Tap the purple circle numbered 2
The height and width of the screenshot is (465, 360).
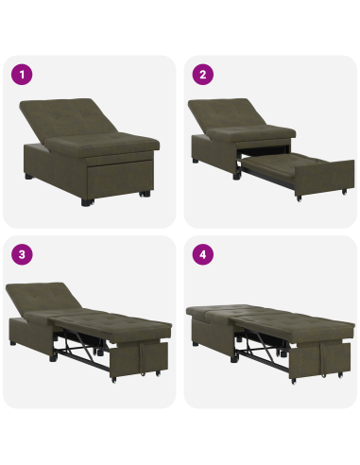pyautogui.click(x=200, y=74)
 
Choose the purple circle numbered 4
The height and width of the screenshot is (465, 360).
pyautogui.click(x=200, y=253)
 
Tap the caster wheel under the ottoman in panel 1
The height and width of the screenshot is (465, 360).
pyautogui.click(x=144, y=195)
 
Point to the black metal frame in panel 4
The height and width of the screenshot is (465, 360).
pyautogui.click(x=265, y=354)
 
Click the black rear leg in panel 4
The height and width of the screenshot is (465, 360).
pyautogui.click(x=197, y=344)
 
